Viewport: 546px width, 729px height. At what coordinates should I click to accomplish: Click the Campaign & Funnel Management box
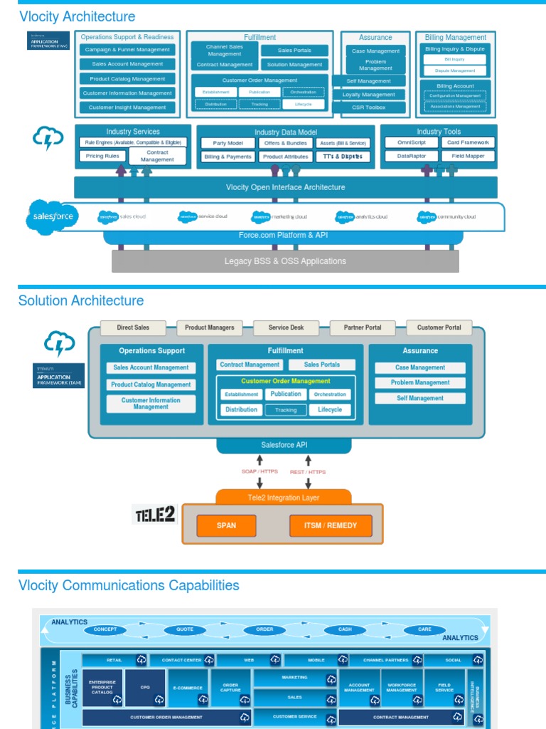coord(127,50)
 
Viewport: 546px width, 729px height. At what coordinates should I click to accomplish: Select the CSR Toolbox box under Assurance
coord(369,107)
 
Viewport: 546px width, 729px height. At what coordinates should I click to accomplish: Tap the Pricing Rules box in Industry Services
coord(102,156)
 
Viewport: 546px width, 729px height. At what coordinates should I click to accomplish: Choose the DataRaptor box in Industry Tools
coord(412,155)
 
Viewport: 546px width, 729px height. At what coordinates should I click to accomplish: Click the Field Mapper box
coord(468,155)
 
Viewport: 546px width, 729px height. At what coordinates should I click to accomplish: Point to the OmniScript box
coord(412,142)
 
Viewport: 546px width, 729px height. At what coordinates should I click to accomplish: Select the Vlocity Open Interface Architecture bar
coord(285,187)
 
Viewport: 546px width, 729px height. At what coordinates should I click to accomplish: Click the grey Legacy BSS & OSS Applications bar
coord(285,261)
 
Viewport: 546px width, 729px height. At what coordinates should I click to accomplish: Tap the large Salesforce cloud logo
coord(53,216)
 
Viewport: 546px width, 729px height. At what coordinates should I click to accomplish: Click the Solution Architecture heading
coord(81,300)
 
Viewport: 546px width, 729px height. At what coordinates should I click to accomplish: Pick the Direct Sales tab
coord(133,327)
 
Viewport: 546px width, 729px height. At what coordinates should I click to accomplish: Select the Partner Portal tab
coord(363,327)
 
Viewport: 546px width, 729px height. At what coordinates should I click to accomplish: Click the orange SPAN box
coord(226,526)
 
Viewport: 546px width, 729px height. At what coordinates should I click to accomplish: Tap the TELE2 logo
coord(155,514)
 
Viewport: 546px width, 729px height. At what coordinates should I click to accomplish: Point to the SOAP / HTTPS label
coord(259,472)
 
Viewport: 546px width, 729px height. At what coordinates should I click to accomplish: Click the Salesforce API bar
coord(284,445)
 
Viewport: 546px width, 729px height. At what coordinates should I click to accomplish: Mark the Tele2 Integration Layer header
coord(284,498)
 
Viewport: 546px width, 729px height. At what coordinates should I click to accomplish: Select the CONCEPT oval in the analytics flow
coord(105,629)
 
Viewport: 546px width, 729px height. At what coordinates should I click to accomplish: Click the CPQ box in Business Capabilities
coord(146,688)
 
